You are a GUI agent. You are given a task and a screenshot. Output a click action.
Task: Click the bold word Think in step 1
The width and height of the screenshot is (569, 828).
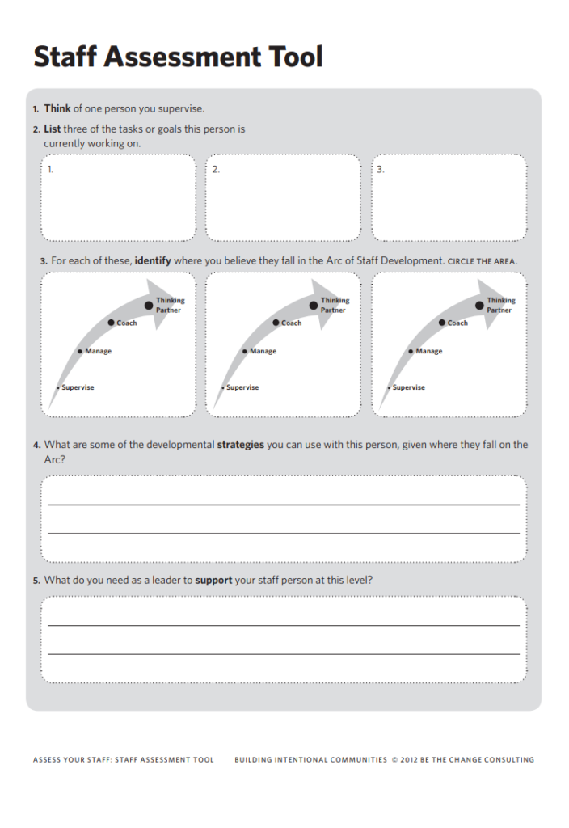pyautogui.click(x=57, y=108)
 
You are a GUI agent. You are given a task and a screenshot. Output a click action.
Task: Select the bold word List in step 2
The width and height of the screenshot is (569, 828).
pyautogui.click(x=52, y=129)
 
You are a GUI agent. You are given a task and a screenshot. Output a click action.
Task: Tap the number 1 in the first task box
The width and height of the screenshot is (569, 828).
pyautogui.click(x=50, y=170)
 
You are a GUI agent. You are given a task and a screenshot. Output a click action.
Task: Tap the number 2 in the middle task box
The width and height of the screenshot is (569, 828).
pyautogui.click(x=215, y=170)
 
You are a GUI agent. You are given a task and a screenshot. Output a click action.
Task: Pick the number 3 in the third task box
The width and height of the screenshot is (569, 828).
pyautogui.click(x=380, y=170)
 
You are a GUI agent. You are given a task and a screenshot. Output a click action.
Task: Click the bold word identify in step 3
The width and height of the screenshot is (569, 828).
pyautogui.click(x=153, y=261)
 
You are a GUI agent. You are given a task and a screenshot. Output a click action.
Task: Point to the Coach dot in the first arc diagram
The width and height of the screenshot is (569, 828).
pyautogui.click(x=111, y=323)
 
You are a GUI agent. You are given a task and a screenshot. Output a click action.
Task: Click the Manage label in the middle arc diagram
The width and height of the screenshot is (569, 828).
pyautogui.click(x=263, y=351)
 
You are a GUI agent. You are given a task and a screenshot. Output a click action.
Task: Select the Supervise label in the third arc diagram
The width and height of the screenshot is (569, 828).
pyautogui.click(x=408, y=387)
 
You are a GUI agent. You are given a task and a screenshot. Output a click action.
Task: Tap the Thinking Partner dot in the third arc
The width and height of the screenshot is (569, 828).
pyautogui.click(x=480, y=305)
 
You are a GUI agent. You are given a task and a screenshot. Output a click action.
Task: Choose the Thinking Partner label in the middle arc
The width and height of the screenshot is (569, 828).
pyautogui.click(x=335, y=305)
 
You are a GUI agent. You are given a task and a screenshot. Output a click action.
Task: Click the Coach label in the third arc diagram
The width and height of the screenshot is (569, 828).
pyautogui.click(x=457, y=323)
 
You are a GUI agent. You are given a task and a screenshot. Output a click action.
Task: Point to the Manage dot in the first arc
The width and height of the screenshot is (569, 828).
pyautogui.click(x=79, y=351)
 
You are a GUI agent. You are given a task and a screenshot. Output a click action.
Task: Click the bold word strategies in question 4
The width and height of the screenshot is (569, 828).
pyautogui.click(x=240, y=445)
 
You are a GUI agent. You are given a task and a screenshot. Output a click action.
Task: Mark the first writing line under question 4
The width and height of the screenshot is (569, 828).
pyautogui.click(x=283, y=504)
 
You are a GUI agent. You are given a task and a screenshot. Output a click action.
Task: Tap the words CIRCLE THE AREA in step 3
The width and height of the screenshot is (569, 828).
pyautogui.click(x=482, y=262)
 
